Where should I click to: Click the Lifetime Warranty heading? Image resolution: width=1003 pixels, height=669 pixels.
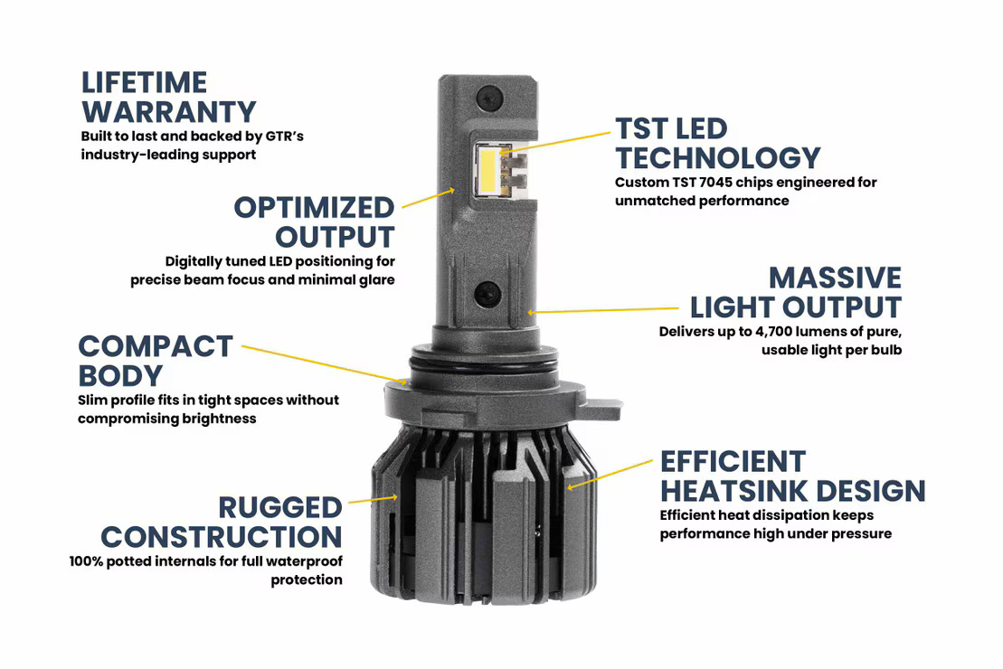pos(168,97)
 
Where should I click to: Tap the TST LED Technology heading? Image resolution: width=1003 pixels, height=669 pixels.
pos(717,143)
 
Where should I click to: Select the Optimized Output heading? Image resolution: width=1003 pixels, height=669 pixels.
pos(315,221)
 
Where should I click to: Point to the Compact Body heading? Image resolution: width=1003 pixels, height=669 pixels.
pos(156,360)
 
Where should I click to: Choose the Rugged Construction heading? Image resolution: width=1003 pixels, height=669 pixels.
pos(222,522)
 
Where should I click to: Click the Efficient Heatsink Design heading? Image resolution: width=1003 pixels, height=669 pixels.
pos(792,476)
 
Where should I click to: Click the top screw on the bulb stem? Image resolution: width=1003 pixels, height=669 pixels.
pos(489,93)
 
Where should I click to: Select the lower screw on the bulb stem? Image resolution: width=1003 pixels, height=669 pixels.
pos(489,291)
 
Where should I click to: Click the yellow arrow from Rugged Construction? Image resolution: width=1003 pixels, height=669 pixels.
pos(373,498)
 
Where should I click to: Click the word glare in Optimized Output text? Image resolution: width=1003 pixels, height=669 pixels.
pos(374,279)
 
